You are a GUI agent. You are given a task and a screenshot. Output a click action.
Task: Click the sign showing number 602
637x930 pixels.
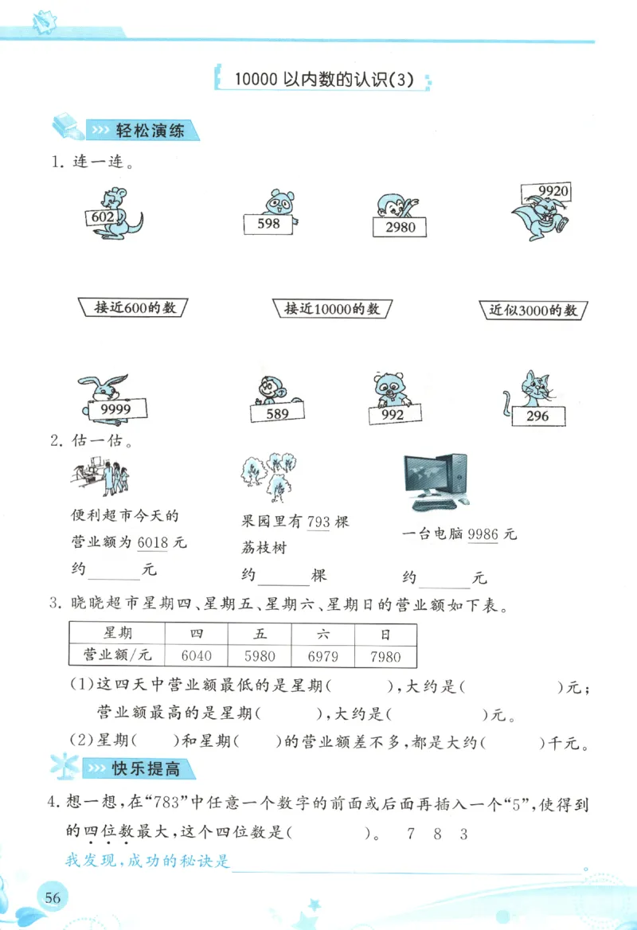click(x=104, y=217)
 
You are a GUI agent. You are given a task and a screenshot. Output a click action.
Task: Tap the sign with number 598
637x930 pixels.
click(x=269, y=225)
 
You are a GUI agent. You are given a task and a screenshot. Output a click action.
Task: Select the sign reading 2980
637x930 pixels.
click(x=399, y=228)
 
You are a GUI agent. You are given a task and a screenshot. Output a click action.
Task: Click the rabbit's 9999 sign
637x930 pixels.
click(x=119, y=410)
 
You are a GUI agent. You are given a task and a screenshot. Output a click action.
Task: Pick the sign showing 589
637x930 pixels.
click(x=277, y=413)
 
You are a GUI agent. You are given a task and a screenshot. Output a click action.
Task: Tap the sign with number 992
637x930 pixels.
click(x=393, y=415)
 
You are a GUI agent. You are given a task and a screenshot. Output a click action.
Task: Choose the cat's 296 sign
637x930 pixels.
click(x=537, y=416)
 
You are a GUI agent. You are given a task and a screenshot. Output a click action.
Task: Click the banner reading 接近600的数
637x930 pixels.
click(x=135, y=307)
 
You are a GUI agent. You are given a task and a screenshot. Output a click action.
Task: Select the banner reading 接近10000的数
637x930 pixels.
click(x=332, y=309)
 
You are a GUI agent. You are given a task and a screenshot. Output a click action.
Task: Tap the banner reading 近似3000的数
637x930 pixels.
click(x=533, y=311)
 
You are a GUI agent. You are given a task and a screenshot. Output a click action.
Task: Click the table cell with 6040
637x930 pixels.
click(x=196, y=656)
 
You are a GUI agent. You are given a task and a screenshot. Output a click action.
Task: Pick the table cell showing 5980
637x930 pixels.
click(x=260, y=656)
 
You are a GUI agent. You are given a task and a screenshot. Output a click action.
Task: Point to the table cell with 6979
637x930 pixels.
click(x=322, y=656)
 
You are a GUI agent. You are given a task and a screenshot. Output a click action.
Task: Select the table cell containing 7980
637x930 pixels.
click(x=385, y=656)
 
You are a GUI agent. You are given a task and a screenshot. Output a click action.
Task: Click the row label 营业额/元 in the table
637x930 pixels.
click(x=117, y=656)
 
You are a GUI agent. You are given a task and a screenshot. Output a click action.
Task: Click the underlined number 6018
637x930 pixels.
click(x=153, y=542)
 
